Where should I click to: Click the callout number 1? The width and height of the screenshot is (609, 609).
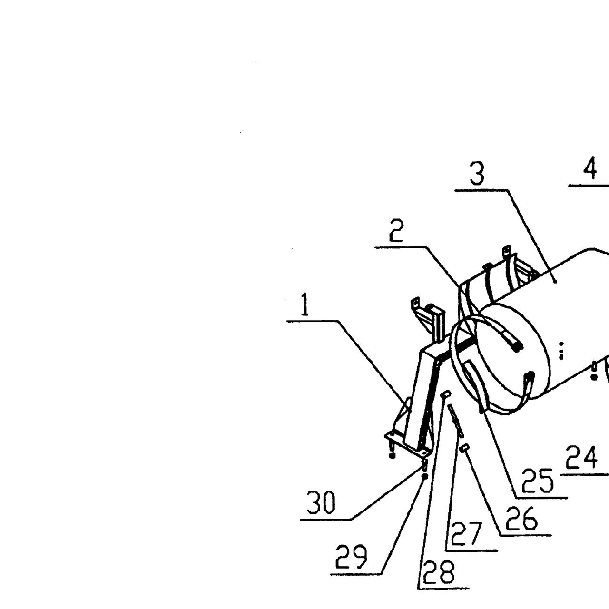click(304, 304)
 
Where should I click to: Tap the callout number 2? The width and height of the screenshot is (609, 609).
click(396, 231)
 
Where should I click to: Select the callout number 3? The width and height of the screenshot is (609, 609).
click(477, 174)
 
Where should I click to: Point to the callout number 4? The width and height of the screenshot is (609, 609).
click(590, 168)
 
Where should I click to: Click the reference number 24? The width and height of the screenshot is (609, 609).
click(581, 457)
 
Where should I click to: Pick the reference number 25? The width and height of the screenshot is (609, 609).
click(538, 481)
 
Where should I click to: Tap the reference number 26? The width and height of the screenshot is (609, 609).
click(521, 519)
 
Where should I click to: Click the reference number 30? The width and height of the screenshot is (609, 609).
click(321, 502)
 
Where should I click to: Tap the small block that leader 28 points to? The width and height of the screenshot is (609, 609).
click(445, 394)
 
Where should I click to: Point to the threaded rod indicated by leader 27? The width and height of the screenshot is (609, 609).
click(455, 421)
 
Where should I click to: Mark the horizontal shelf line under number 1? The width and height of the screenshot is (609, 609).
click(313, 321)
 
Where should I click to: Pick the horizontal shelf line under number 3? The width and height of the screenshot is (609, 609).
click(481, 190)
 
